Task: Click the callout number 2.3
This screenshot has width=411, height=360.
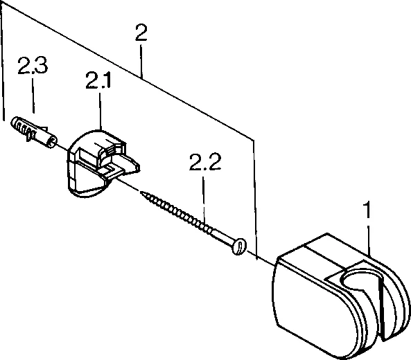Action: (x=33, y=66)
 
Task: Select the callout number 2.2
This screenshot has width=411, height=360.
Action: (x=205, y=162)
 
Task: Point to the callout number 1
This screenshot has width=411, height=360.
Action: (x=368, y=210)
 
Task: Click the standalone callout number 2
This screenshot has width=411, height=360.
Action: (x=141, y=33)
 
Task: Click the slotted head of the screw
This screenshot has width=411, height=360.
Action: (x=239, y=246)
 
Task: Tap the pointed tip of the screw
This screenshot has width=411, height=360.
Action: (x=141, y=192)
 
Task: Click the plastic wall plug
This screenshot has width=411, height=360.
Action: (x=33, y=132)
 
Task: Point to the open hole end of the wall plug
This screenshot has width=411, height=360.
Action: (x=52, y=142)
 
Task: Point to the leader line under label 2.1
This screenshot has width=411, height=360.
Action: (x=100, y=111)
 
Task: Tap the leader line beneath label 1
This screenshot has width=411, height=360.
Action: (x=369, y=238)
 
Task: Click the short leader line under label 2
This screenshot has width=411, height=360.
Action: (x=141, y=62)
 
